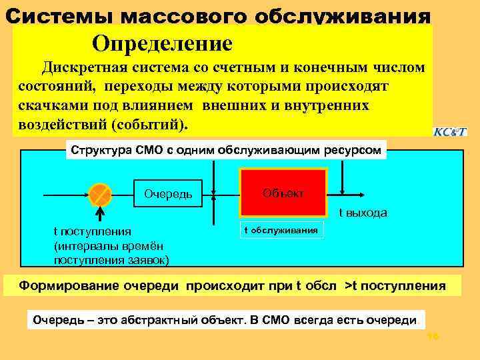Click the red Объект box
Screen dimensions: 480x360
click(x=283, y=192)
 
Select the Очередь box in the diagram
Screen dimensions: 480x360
click(x=168, y=194)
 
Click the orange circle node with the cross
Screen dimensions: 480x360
click(x=100, y=194)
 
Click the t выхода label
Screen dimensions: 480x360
click(x=363, y=213)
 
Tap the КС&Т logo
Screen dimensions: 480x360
click(x=450, y=131)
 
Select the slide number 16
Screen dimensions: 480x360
click(x=432, y=338)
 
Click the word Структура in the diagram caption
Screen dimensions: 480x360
click(x=99, y=150)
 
